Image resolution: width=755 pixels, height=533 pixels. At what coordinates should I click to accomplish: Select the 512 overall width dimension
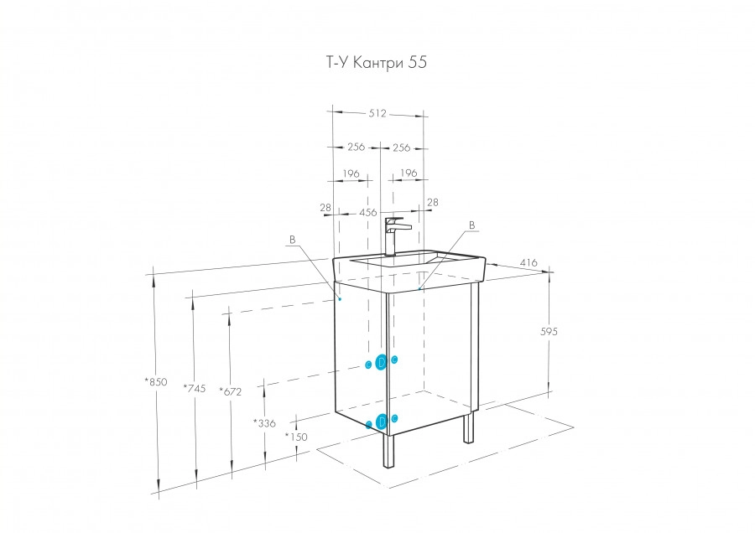tap(377, 114)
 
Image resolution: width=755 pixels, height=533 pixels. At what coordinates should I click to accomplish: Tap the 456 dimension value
tap(367, 213)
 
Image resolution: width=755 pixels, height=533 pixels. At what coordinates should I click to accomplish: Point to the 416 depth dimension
tap(528, 263)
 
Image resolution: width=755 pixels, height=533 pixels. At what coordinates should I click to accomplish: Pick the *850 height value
tap(156, 381)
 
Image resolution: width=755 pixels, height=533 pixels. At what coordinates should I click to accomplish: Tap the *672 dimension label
tap(231, 391)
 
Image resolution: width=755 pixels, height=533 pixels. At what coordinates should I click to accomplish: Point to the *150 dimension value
tap(296, 437)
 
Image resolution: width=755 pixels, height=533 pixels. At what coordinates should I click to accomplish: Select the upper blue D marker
tap(382, 362)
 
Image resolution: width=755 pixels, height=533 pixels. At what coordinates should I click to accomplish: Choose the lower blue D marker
tap(382, 421)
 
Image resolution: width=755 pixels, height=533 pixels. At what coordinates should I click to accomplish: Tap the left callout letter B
tap(292, 241)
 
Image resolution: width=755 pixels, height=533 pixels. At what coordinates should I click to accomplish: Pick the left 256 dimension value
tap(355, 147)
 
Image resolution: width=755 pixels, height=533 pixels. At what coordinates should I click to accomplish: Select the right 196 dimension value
tap(409, 173)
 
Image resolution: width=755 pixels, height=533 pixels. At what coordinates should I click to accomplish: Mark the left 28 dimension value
tap(325, 207)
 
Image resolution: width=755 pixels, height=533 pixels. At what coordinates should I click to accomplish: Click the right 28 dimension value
tap(433, 202)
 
